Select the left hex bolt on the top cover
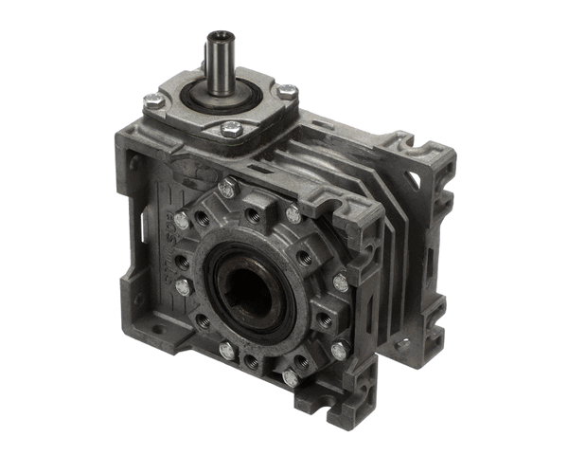click(x=152, y=100)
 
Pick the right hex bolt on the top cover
click(x=287, y=92)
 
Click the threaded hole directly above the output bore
click(x=254, y=216)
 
